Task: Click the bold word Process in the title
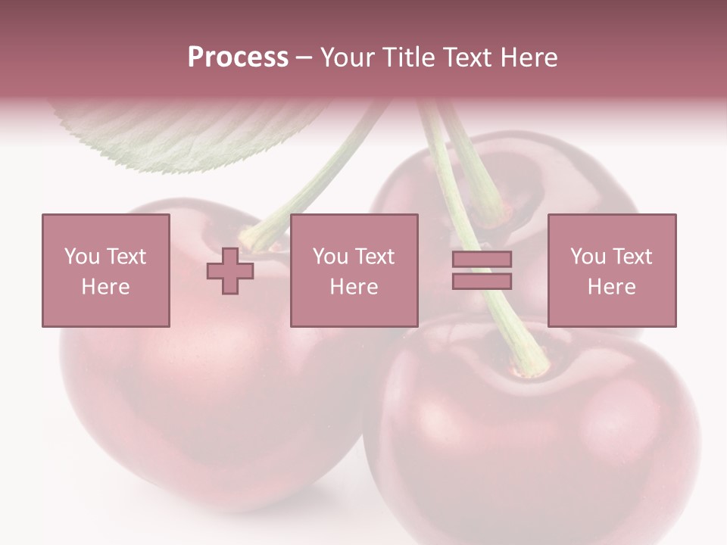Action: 238,58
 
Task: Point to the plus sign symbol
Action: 230,271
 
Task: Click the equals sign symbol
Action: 482,270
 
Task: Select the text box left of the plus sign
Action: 106,270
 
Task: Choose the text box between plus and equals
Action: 354,270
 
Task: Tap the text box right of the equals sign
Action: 612,270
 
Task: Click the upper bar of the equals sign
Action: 482,260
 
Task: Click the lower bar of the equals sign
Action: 482,282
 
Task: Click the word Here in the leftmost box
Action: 105,287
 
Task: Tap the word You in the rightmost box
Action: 587,257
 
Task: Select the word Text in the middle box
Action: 375,257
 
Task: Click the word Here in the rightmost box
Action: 611,287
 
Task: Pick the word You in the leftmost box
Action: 81,257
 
